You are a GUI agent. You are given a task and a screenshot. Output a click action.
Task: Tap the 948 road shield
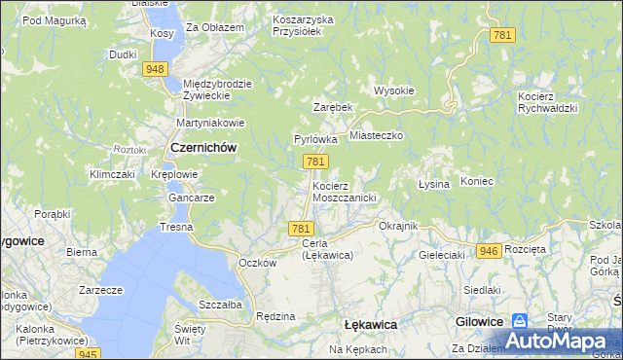pyautogui.click(x=154, y=69)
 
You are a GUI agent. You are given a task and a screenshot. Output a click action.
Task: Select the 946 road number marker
pyautogui.click(x=489, y=251)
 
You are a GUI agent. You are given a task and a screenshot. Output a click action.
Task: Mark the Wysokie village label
pyautogui.click(x=394, y=90)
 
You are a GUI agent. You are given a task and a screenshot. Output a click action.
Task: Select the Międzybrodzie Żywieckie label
pyautogui.click(x=217, y=90)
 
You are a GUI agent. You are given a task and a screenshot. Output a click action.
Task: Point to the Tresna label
pyautogui.click(x=176, y=227)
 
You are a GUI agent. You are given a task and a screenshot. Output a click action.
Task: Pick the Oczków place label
pyautogui.click(x=258, y=263)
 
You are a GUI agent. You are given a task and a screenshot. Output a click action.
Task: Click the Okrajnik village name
pyautogui.click(x=397, y=226)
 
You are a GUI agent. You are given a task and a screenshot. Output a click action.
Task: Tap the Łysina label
pyautogui.click(x=433, y=184)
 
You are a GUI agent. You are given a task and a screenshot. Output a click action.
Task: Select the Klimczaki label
pyautogui.click(x=111, y=174)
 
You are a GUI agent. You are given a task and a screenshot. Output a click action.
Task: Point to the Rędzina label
pyautogui.click(x=275, y=316)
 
